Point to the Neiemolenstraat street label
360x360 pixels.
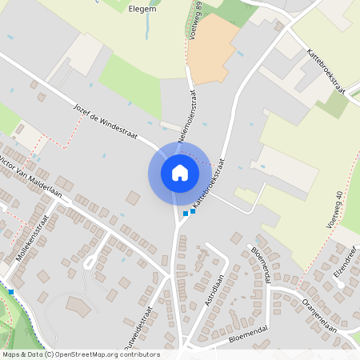tap(187, 116)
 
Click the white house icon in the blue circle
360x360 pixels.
tap(179, 173)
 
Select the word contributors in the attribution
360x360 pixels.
tap(141, 354)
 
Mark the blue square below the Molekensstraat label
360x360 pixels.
tap(11, 291)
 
